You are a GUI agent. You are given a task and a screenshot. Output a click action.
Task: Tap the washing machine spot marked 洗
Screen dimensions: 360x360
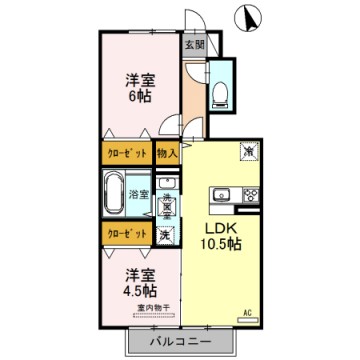166,234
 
